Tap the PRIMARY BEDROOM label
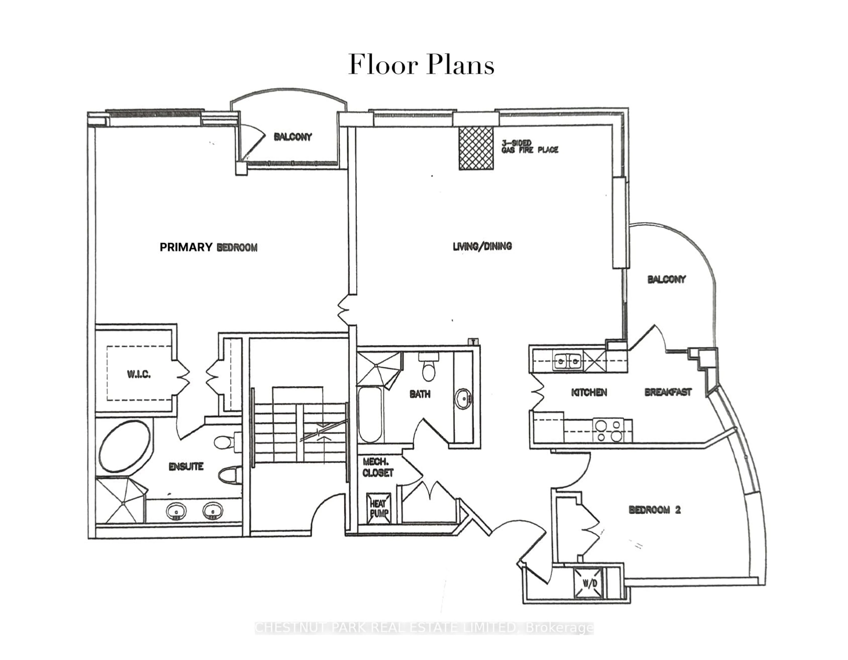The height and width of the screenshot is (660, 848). (x=208, y=247)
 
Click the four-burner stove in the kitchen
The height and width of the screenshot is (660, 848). (x=608, y=430)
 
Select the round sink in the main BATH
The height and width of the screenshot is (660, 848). (x=463, y=399)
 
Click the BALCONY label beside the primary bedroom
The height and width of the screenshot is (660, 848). (x=293, y=137)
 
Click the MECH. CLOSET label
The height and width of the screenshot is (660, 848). (x=377, y=467)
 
